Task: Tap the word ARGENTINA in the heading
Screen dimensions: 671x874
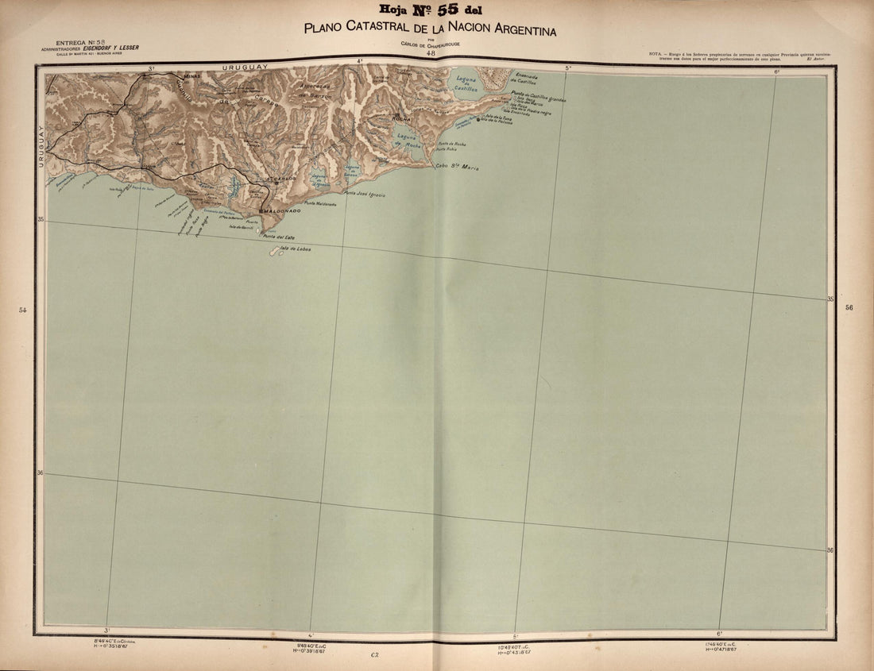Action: coord(517,29)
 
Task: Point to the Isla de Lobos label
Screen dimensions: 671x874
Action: coord(296,249)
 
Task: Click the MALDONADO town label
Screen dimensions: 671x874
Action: coord(281,210)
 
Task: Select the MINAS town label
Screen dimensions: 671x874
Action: coord(193,75)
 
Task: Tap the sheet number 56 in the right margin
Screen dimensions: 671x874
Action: coord(849,307)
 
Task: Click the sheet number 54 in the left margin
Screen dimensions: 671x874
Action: coord(23,310)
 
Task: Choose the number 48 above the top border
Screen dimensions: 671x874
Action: coord(431,52)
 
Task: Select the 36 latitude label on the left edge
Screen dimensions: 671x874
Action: coord(40,474)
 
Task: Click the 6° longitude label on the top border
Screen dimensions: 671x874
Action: coord(776,71)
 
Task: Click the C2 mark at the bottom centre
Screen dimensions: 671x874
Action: coord(373,654)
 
